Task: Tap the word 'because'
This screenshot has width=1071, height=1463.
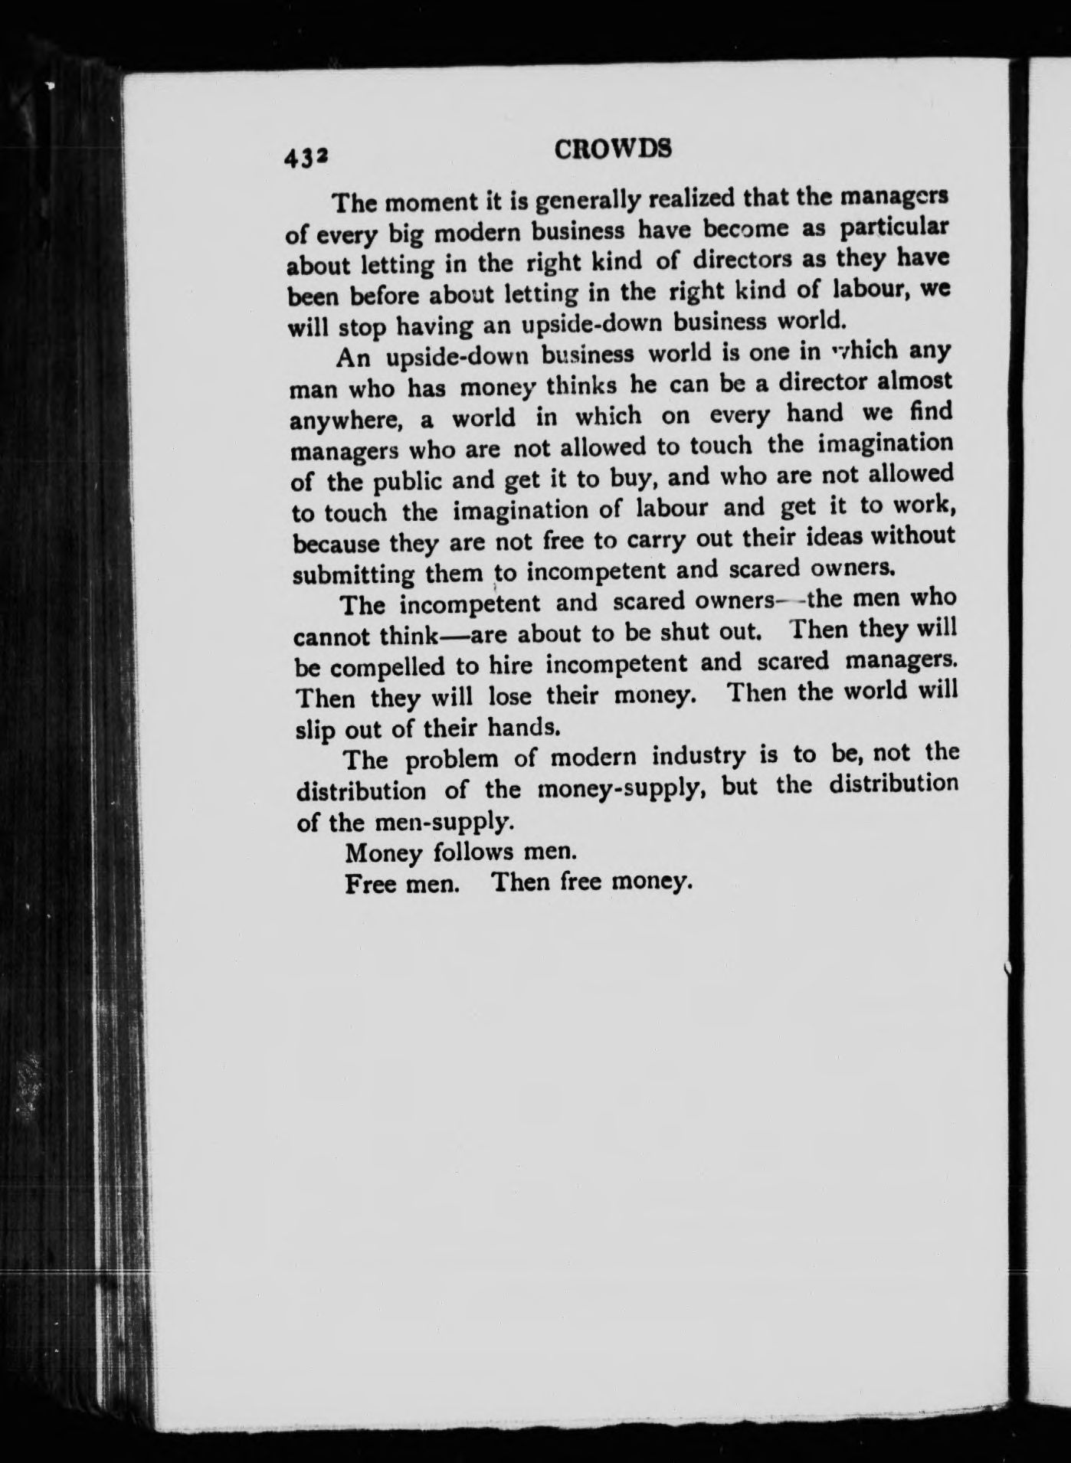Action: (337, 543)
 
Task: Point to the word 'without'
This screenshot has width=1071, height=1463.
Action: (912, 534)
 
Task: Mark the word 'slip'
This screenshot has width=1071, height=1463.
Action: (314, 729)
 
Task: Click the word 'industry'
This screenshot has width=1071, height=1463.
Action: (699, 757)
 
